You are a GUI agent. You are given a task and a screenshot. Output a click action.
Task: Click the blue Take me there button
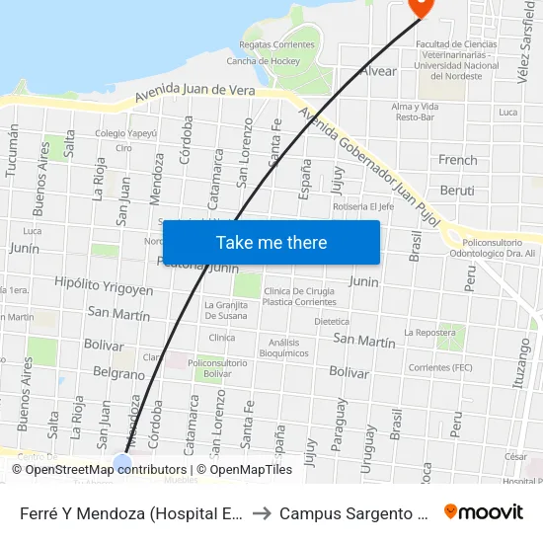click(271, 242)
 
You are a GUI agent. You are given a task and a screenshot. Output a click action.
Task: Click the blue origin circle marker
click(122, 463)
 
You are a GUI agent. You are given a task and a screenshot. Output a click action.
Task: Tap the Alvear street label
click(378, 71)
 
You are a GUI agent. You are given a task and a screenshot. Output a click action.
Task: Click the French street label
click(457, 160)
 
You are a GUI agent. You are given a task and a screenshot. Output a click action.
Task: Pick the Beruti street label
click(457, 191)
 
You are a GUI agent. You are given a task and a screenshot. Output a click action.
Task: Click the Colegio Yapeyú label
click(125, 132)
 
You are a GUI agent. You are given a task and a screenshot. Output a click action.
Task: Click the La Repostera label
click(428, 333)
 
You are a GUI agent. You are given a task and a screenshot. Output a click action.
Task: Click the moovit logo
click(484, 512)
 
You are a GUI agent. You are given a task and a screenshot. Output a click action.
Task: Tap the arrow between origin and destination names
click(263, 513)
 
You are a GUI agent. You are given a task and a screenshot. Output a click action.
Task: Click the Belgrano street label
click(118, 374)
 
